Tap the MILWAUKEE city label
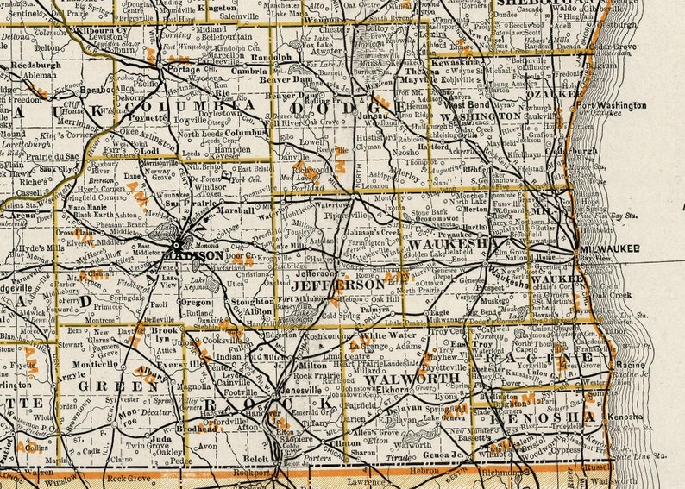pos(609,248)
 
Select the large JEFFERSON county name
pos(337,284)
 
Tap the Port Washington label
pos(611,105)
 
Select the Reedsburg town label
pos(35,64)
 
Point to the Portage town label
pos(183,69)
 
